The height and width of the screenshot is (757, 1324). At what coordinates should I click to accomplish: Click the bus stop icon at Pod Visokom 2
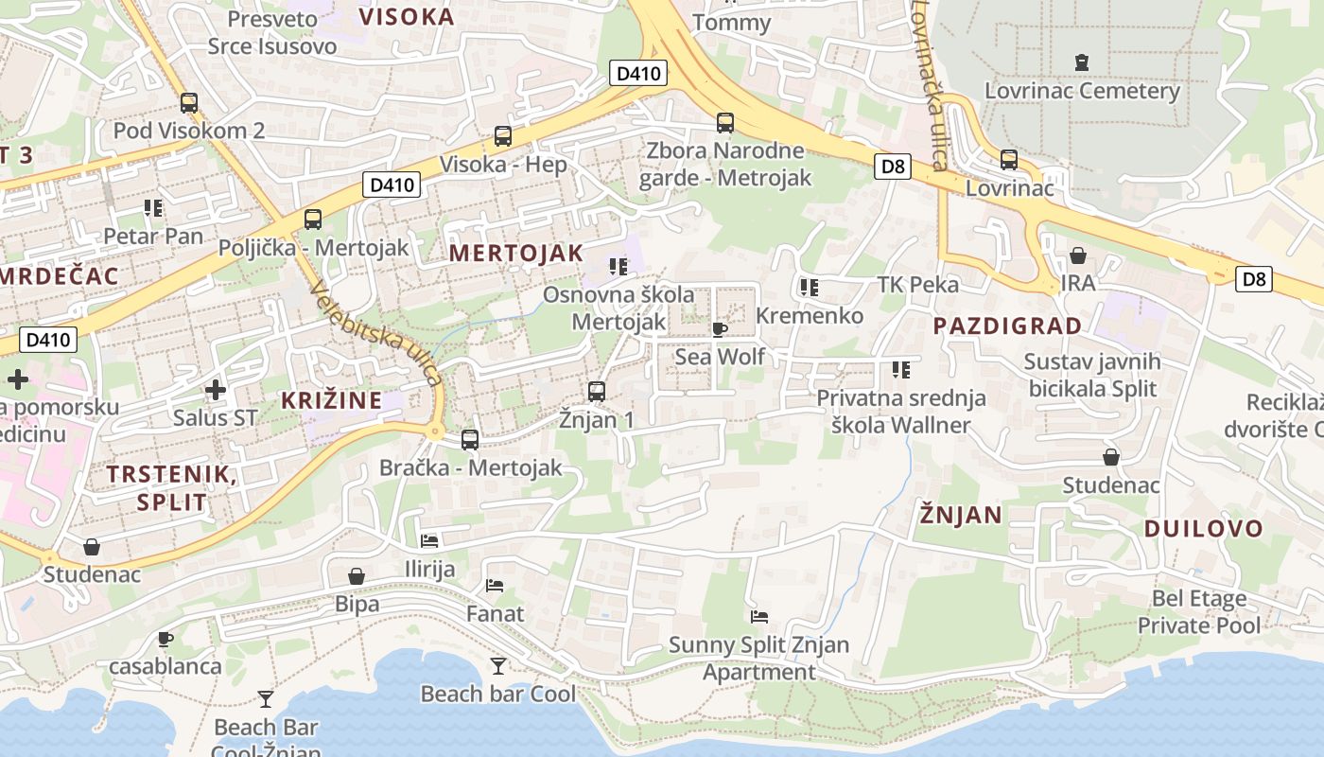click(189, 103)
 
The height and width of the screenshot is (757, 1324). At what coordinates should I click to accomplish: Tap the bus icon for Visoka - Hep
click(503, 136)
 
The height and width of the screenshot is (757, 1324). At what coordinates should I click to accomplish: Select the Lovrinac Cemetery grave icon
click(1082, 63)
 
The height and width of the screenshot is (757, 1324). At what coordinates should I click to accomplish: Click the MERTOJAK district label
click(516, 254)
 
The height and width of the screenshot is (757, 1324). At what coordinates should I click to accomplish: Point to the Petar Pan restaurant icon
click(153, 207)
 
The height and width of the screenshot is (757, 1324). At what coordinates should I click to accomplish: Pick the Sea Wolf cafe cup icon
click(719, 329)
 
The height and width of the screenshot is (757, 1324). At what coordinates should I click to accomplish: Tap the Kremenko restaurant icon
click(809, 287)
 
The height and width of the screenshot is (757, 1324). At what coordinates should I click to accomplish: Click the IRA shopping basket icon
click(1077, 255)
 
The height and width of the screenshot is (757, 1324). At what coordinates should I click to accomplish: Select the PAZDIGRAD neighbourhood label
click(1007, 326)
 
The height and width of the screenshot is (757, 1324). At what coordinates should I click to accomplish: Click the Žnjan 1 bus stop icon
click(596, 391)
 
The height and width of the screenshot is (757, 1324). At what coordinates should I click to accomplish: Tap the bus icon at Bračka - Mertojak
click(470, 439)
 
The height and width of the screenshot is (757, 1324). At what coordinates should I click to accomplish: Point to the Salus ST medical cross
click(216, 389)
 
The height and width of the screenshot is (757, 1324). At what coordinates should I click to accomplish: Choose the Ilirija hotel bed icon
click(429, 541)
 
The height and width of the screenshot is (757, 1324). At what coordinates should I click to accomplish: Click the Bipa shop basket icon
click(357, 576)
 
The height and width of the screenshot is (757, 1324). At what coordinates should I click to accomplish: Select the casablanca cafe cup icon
click(165, 639)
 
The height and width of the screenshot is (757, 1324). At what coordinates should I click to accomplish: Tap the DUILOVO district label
click(1203, 529)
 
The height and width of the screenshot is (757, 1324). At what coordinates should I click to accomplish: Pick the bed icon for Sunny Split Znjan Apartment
click(758, 617)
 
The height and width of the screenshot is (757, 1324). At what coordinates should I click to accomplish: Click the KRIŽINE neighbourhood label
click(332, 400)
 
